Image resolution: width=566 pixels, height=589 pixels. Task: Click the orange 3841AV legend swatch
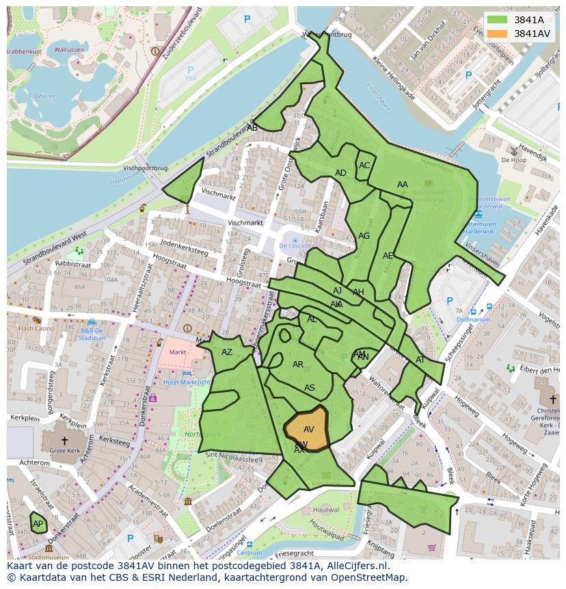[498, 34]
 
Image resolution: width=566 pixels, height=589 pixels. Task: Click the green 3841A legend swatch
[498, 20]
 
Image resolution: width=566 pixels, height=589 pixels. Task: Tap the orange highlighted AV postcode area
[307, 428]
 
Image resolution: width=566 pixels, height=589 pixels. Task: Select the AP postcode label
[38, 524]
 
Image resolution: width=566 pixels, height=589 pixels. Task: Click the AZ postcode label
[227, 352]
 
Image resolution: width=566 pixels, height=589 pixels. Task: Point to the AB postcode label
[252, 127]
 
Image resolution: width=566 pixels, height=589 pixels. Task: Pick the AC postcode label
[364, 165]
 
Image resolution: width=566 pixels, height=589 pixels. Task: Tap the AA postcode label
[403, 185]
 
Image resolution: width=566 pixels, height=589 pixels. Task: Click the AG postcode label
[364, 236]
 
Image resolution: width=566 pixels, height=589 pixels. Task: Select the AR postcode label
[298, 365]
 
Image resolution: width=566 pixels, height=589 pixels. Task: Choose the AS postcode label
[310, 388]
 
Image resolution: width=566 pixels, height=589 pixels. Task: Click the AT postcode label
[420, 360]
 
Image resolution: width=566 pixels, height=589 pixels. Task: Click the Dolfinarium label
[473, 319]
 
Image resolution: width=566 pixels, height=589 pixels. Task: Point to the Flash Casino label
[36, 328]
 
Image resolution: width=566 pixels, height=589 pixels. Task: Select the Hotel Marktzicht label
[187, 382]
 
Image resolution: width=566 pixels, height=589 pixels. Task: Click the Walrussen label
[69, 50]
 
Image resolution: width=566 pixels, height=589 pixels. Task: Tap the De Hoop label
[513, 159]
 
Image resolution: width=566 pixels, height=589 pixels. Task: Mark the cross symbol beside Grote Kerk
[64, 441]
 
